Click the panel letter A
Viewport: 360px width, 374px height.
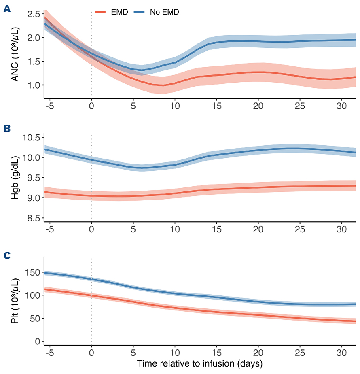[x=7, y=8]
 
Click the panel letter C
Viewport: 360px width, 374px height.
[x=7, y=256]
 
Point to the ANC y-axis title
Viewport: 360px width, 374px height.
[x=15, y=53]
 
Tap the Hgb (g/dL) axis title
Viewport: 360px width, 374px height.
[x=15, y=178]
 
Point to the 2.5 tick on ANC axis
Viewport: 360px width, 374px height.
[x=34, y=14]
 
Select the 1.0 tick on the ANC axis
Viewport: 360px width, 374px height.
[x=34, y=85]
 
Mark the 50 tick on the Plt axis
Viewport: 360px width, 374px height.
[x=35, y=319]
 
